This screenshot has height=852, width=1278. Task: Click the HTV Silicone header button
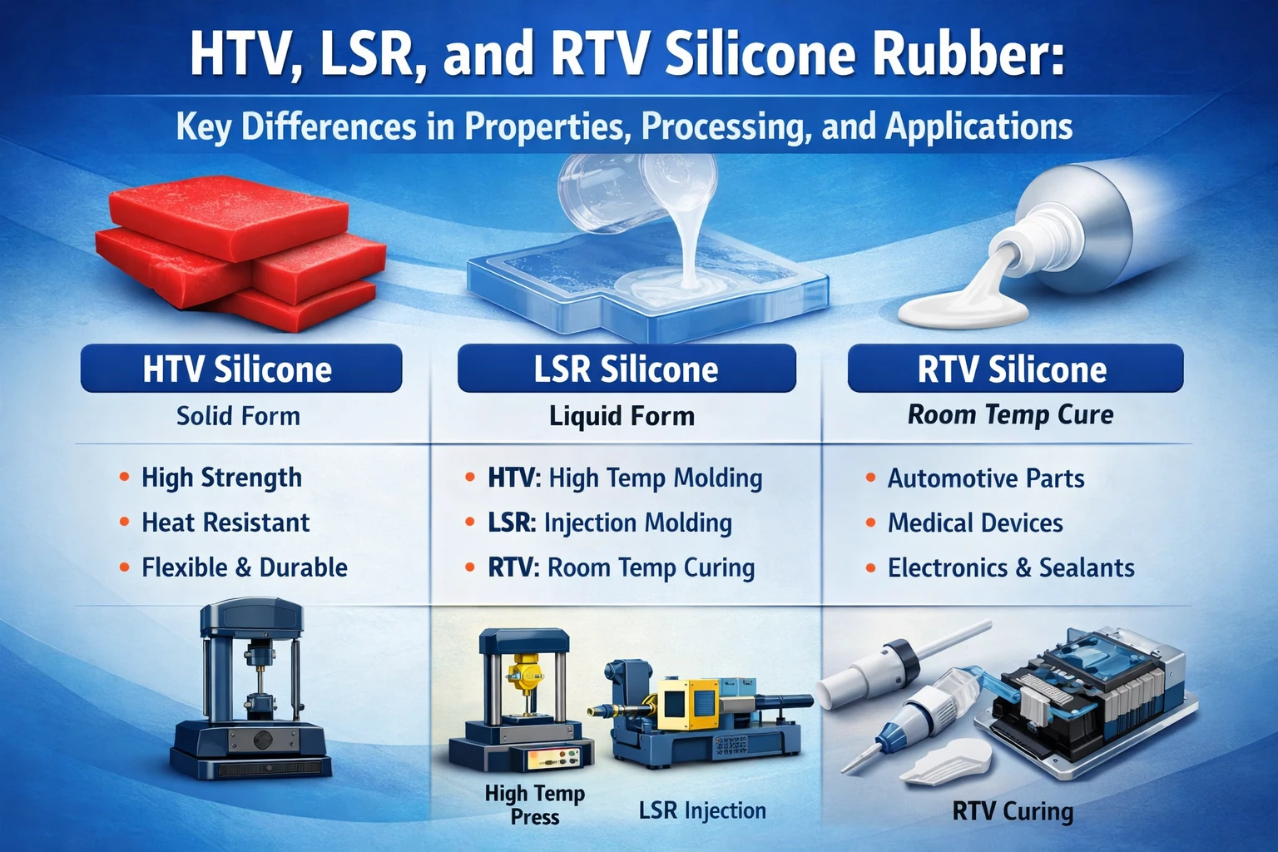[x=240, y=369]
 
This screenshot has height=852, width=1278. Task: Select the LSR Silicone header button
[x=626, y=369]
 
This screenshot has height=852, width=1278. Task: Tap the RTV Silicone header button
[x=1014, y=369]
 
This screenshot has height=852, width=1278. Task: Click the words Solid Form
[x=238, y=415]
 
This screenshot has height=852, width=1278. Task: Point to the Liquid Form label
[x=622, y=415]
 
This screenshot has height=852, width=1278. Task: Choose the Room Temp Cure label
[x=1010, y=414]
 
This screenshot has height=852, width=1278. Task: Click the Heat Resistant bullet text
[x=225, y=523]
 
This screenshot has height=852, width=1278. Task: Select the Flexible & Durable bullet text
[x=245, y=567]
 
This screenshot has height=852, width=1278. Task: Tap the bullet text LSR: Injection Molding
[x=610, y=523]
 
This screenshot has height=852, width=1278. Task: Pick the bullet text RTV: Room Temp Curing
[x=621, y=567]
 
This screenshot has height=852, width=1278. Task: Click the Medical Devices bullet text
[x=975, y=523]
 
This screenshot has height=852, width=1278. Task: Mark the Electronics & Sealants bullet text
[x=1011, y=567]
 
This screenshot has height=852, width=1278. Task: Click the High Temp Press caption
[x=535, y=805]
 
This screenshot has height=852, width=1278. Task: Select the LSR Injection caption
[x=702, y=810]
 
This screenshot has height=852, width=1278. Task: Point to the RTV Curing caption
[x=1013, y=810]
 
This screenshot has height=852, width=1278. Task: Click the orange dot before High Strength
[x=124, y=478]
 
